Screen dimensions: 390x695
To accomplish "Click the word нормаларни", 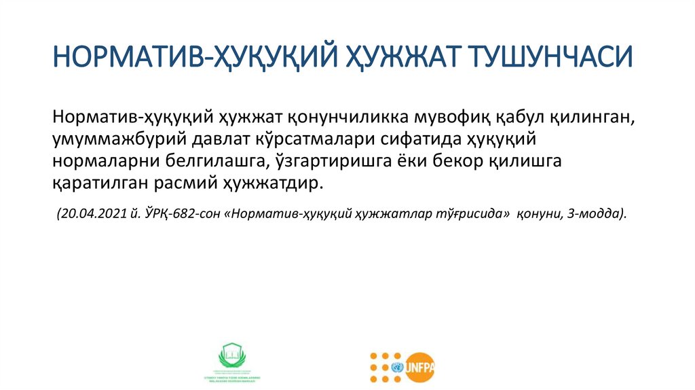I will click(104, 162).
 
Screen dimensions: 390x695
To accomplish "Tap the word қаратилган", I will click(102, 185).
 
